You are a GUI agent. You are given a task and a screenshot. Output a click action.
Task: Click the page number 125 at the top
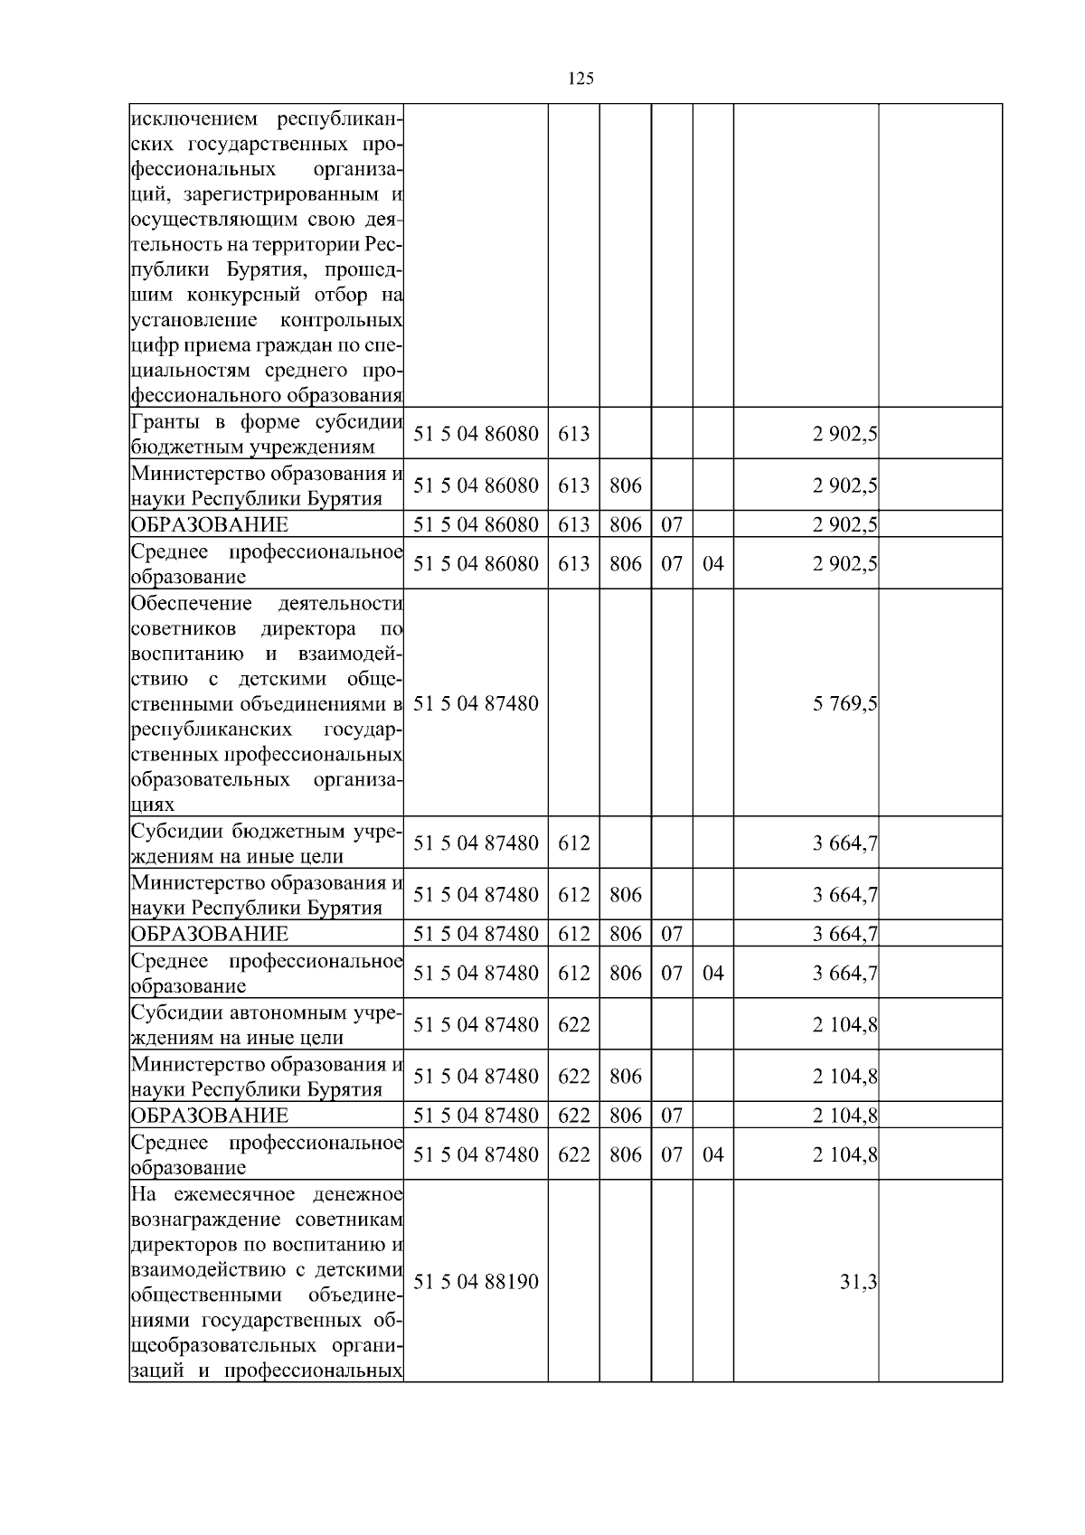(581, 79)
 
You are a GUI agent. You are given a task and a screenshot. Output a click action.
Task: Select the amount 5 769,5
(844, 702)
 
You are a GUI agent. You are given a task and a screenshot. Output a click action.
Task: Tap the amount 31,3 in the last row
(858, 1281)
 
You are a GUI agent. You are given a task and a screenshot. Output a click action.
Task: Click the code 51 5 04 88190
(476, 1281)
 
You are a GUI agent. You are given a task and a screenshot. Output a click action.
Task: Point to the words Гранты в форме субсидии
(267, 422)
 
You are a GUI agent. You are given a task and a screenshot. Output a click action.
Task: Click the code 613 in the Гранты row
(573, 433)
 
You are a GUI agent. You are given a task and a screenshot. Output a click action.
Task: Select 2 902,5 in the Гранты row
(844, 433)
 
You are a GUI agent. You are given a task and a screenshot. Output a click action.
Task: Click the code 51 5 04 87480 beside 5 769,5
(476, 702)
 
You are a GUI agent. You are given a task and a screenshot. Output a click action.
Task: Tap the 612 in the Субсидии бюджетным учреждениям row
(573, 843)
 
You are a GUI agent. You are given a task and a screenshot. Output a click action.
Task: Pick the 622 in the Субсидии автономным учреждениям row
(573, 1024)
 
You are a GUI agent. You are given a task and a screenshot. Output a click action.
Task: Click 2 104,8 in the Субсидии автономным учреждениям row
(844, 1024)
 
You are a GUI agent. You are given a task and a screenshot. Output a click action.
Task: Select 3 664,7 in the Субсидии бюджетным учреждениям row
(844, 843)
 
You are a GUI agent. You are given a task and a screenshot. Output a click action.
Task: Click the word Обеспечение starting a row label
(191, 603)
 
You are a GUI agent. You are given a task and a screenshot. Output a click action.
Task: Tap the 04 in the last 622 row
(712, 1154)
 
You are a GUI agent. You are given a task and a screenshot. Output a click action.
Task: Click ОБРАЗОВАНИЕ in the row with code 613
(210, 524)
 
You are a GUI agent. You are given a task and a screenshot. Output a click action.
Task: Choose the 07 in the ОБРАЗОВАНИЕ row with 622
(671, 1115)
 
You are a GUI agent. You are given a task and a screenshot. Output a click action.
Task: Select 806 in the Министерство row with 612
(625, 894)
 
